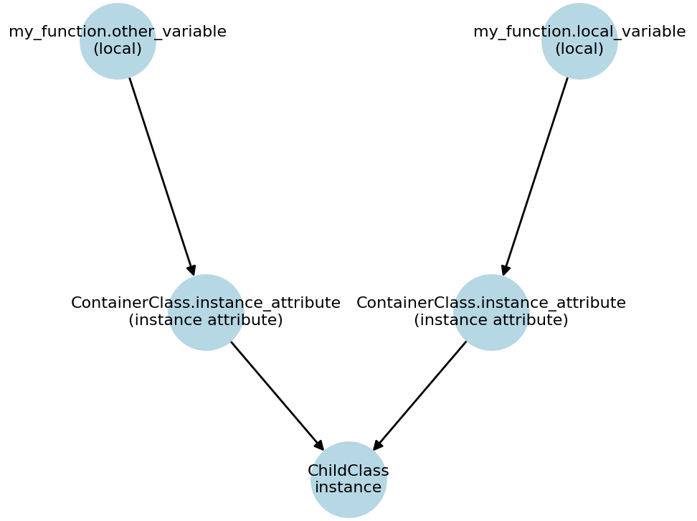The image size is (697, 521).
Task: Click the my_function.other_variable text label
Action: [x=118, y=32]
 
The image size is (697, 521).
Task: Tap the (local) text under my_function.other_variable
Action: [x=118, y=49]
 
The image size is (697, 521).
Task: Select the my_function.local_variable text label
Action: [x=579, y=32]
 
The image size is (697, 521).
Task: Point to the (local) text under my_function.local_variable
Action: [x=579, y=49]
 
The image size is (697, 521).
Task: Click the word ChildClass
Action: [x=348, y=471]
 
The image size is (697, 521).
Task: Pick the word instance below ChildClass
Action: [x=348, y=487]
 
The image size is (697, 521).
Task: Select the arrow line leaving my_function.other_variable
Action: [x=161, y=176]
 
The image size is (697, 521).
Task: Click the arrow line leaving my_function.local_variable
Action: [x=536, y=176]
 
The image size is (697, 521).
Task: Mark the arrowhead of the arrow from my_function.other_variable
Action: [x=192, y=271]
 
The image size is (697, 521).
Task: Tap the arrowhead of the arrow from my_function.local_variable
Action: [x=505, y=271]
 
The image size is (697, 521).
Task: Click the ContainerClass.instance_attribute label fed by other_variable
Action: [x=206, y=303]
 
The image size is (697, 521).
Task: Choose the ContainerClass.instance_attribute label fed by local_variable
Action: [x=491, y=303]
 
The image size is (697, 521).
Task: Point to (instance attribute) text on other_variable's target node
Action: [x=206, y=320]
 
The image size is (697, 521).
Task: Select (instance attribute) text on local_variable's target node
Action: [x=491, y=320]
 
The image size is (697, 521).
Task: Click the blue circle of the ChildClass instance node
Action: [x=348, y=502]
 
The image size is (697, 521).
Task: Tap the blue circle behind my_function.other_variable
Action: [x=118, y=65]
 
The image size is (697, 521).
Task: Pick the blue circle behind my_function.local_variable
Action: [x=579, y=65]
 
